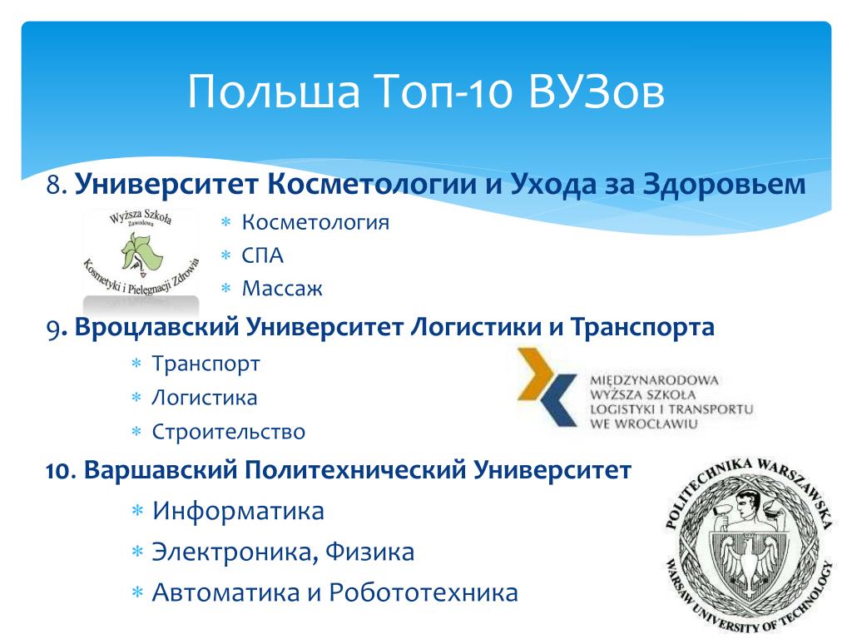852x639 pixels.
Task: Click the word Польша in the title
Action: (274, 91)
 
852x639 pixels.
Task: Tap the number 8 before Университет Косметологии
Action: (54, 184)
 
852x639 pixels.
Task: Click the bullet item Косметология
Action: (315, 222)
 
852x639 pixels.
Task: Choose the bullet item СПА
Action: (262, 255)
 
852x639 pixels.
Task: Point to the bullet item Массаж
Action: (282, 289)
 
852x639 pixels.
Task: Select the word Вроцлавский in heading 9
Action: (157, 327)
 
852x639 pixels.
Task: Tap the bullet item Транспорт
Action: (206, 364)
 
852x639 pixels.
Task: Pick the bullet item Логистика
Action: (205, 398)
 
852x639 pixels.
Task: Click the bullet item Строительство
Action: (228, 432)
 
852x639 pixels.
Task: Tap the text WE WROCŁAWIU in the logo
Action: (644, 424)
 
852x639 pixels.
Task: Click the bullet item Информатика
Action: (238, 511)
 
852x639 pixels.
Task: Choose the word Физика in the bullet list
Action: (369, 552)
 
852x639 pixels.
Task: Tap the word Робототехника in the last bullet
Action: (424, 592)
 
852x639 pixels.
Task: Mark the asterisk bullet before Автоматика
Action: (137, 592)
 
